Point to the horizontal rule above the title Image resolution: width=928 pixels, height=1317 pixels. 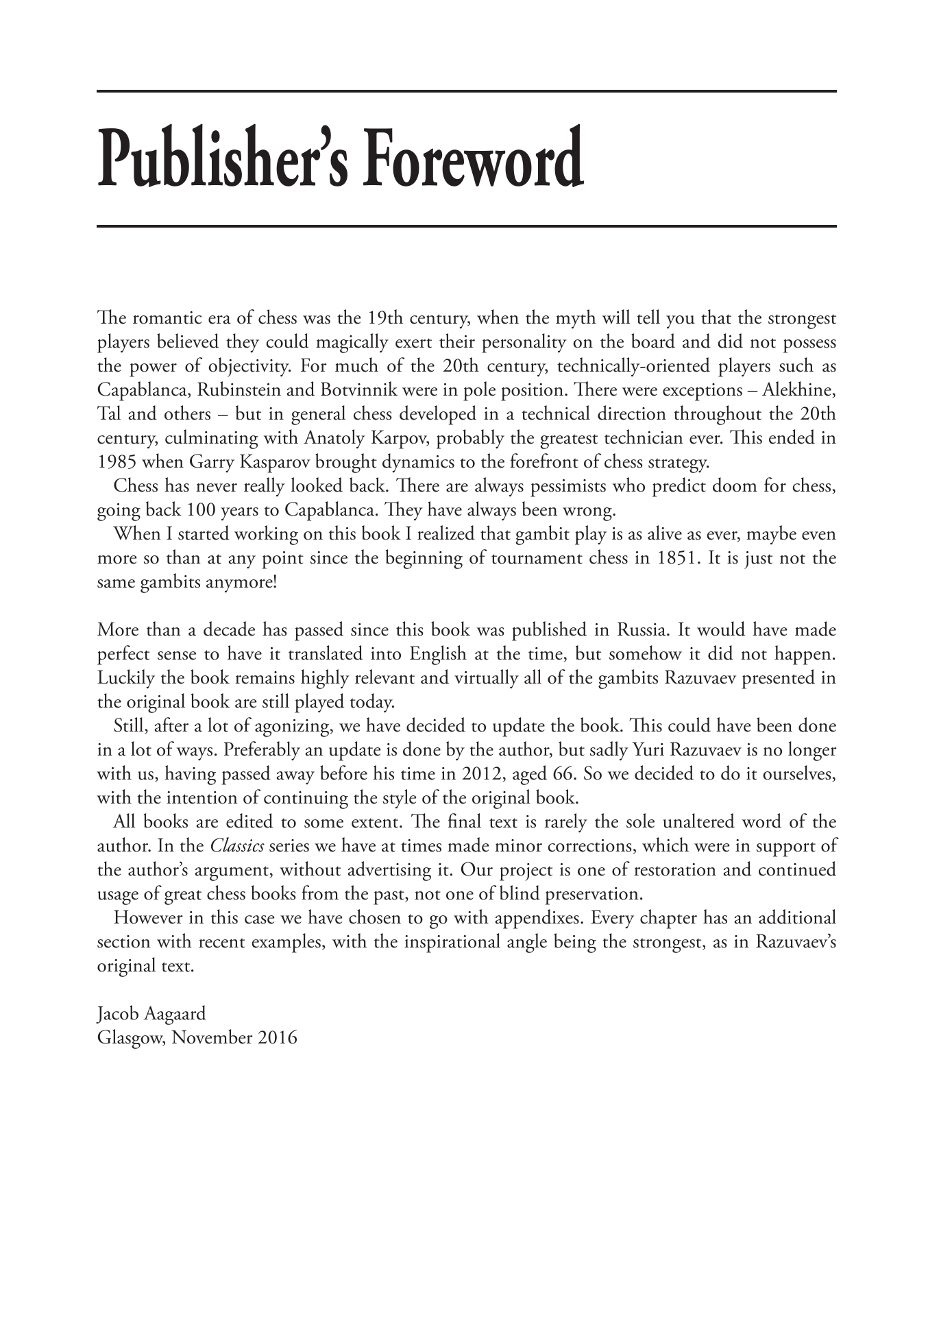click(466, 91)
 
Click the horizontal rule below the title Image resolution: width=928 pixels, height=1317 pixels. click(466, 226)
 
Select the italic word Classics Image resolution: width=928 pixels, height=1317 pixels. click(236, 846)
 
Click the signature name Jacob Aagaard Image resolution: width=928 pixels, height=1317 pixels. click(151, 1014)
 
